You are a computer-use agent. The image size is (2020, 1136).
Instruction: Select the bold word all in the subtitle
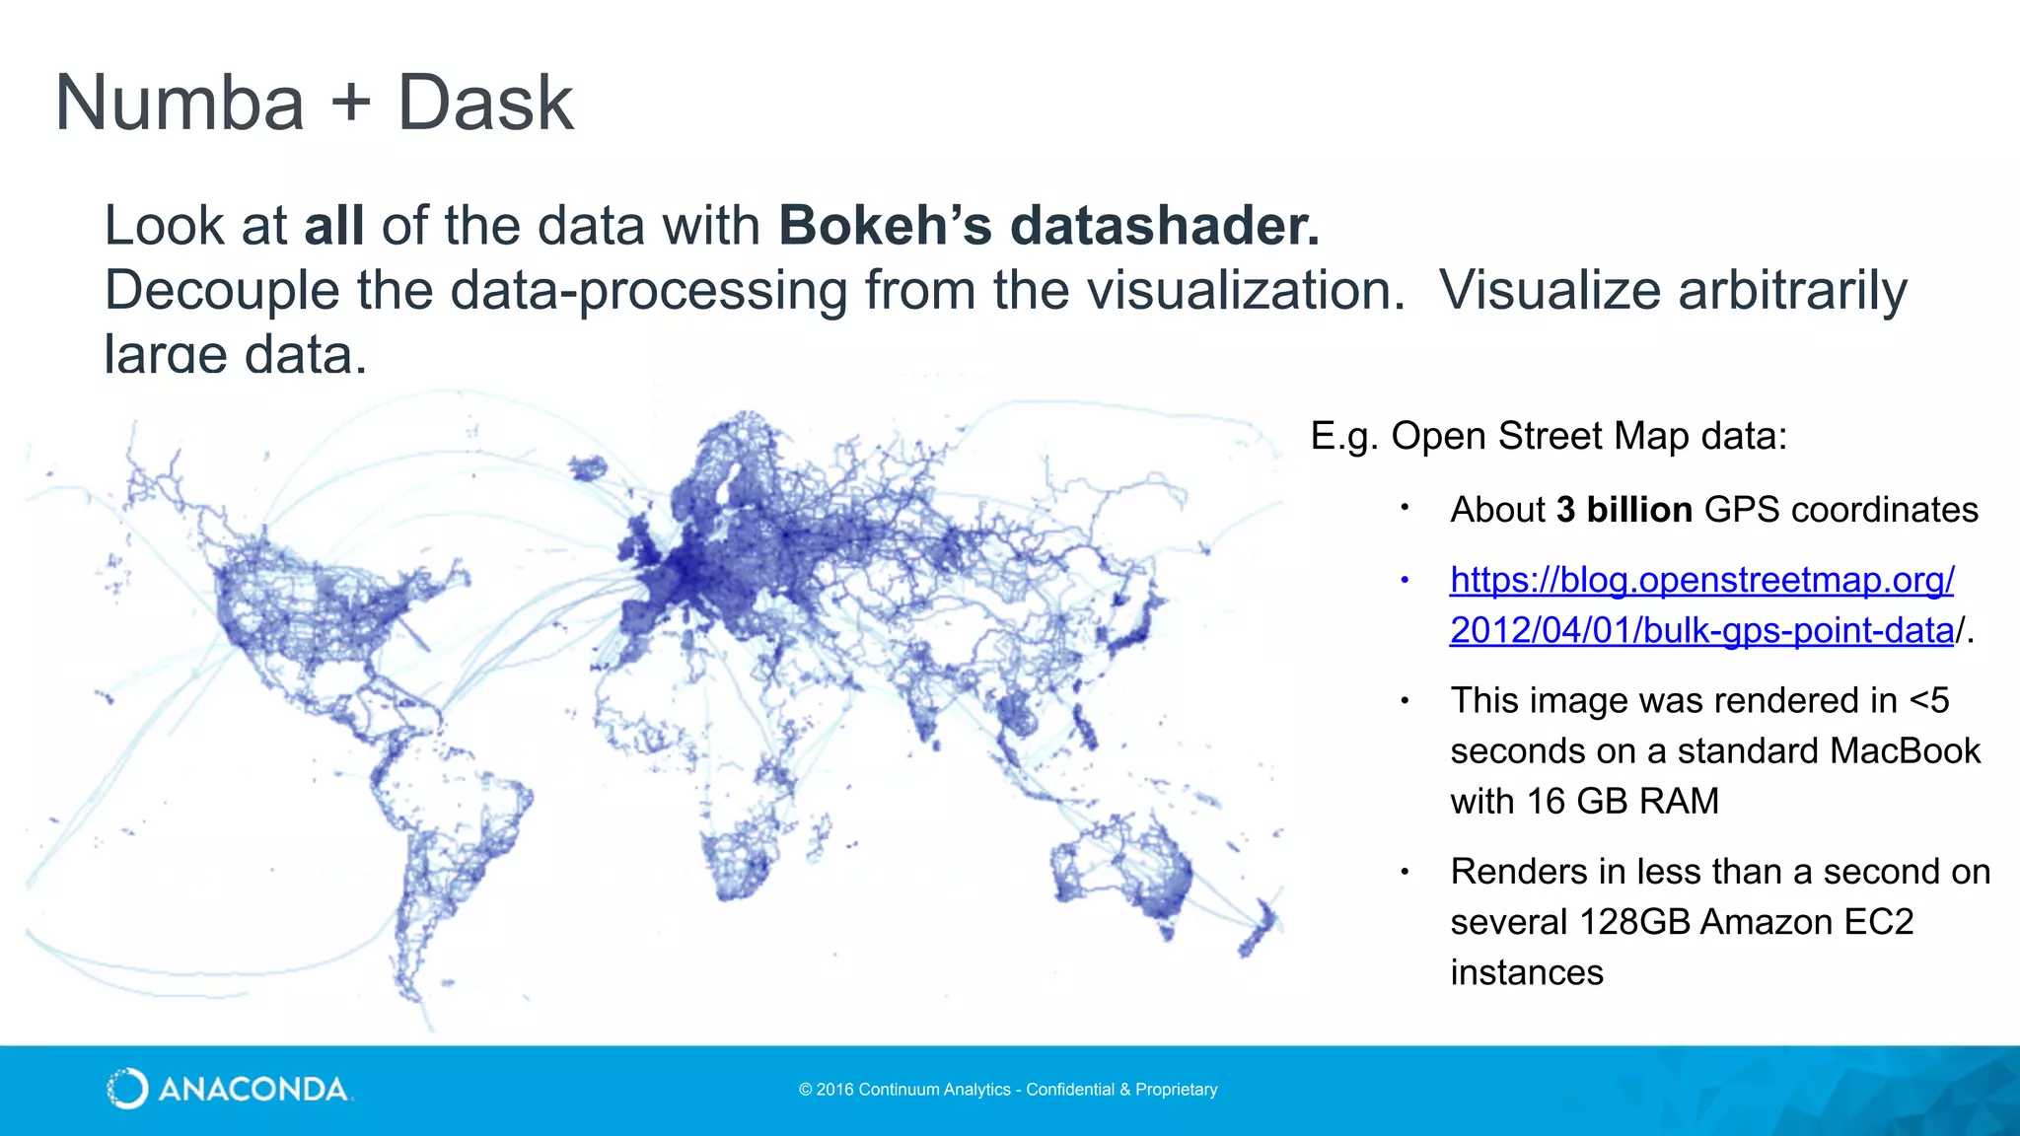(333, 225)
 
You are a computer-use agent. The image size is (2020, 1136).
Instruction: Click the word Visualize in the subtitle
(1550, 290)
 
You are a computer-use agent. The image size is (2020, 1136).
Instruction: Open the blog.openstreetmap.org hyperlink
(1700, 581)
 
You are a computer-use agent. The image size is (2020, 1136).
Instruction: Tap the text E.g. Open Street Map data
(1548, 436)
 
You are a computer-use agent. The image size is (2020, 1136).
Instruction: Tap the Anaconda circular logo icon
(127, 1089)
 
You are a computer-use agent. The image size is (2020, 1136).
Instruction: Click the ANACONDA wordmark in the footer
(252, 1090)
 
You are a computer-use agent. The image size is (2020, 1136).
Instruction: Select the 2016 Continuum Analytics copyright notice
(1007, 1090)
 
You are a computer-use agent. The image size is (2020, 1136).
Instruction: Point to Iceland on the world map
(588, 468)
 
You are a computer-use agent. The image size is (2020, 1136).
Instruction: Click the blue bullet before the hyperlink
(1405, 581)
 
